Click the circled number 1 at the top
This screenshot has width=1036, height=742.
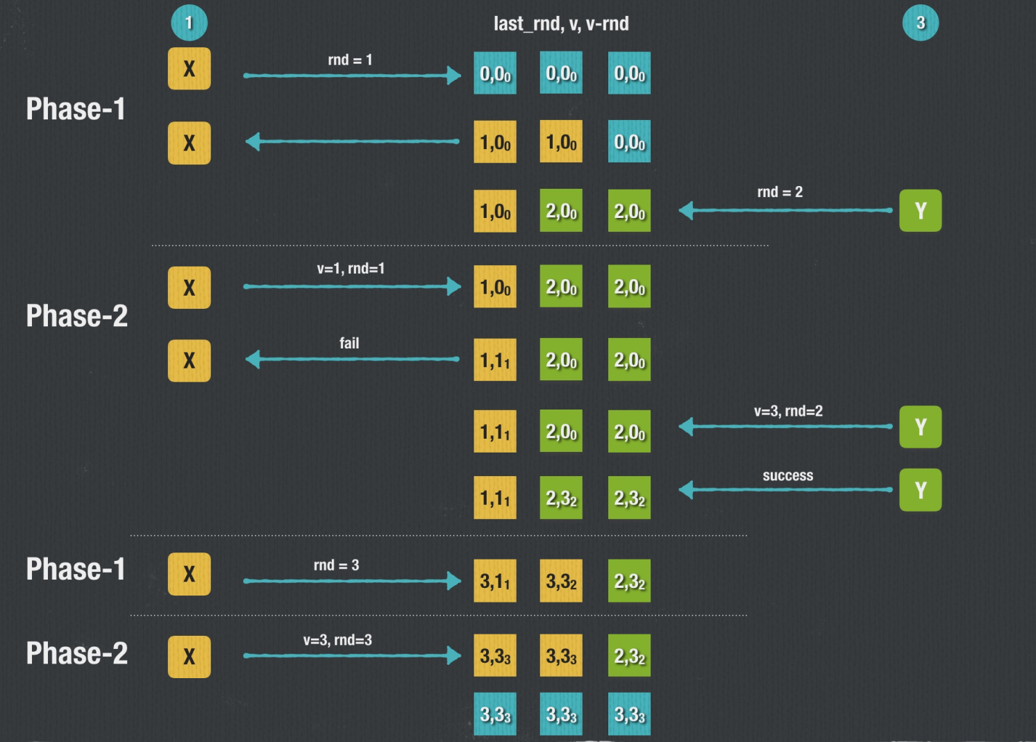coord(189,23)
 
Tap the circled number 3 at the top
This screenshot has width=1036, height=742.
coord(920,23)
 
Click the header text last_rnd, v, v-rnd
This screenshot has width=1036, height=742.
coord(561,24)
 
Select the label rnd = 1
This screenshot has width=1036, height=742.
coord(350,60)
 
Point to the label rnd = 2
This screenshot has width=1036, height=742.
coord(780,192)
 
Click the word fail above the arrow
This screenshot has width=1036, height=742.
coord(349,343)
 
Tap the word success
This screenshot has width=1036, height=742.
coord(787,475)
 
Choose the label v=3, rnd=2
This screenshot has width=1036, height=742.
coord(788,411)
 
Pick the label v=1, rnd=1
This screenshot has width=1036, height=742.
coord(351,269)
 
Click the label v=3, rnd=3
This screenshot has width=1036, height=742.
coord(337,640)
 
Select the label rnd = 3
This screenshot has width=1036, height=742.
coord(336,565)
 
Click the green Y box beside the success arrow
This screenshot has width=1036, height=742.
coord(920,490)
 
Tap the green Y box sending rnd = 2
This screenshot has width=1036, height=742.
coord(920,210)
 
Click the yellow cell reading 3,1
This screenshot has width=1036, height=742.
coord(494,581)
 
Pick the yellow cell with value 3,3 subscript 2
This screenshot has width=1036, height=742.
coord(561,581)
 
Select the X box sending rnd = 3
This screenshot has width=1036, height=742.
coord(189,574)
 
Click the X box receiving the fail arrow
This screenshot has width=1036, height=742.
coord(189,360)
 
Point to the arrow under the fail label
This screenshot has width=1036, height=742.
coord(352,359)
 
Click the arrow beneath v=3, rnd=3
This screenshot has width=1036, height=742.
coord(352,655)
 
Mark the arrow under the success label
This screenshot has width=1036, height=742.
coord(785,490)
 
